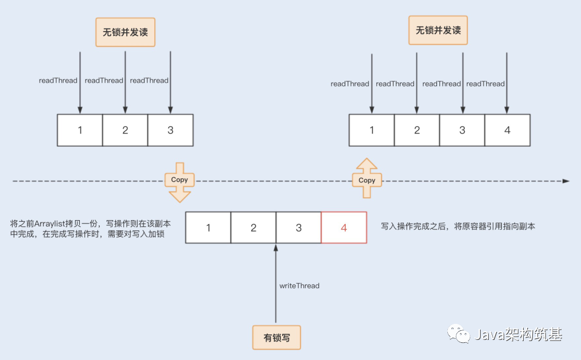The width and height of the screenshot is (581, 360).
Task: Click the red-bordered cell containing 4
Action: [344, 228]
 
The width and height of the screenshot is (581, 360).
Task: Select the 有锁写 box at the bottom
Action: [276, 338]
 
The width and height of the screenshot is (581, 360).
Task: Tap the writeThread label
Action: [299, 285]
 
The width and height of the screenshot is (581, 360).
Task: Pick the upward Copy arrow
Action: [366, 179]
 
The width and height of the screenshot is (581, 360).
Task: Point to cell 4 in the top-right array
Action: [507, 130]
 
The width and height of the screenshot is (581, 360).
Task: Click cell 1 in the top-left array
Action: [80, 130]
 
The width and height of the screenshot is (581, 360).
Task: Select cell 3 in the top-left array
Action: [170, 130]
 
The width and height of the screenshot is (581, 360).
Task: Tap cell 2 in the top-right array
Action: [417, 130]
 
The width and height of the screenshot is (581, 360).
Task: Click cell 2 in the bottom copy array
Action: [254, 228]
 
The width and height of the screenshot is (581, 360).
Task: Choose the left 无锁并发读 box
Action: [125, 33]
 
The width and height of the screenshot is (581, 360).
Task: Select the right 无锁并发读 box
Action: [438, 30]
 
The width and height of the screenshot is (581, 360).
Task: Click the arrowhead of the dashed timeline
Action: [566, 181]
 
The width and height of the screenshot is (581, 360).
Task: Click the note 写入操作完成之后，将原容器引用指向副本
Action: [458, 226]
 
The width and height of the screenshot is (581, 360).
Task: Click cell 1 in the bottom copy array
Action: [208, 228]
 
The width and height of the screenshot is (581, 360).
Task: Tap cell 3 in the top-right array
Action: [462, 130]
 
